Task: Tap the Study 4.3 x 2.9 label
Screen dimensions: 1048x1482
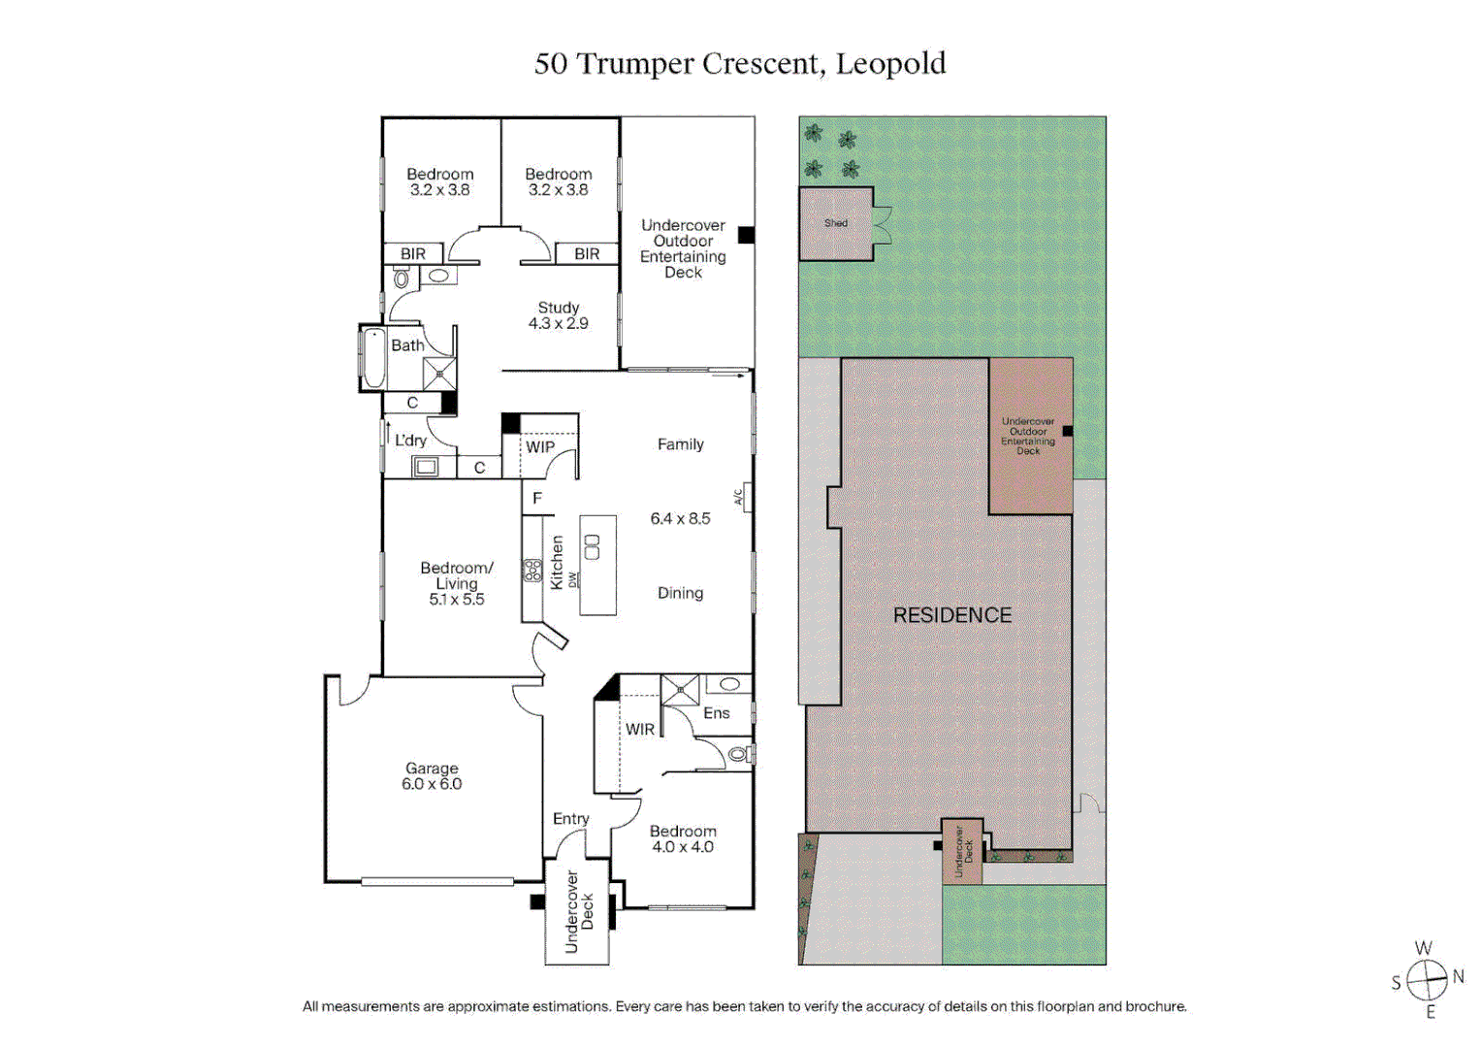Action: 558,315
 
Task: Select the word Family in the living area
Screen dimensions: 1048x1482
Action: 680,444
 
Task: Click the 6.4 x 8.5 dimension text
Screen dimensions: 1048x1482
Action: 680,518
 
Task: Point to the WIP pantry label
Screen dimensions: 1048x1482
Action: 540,447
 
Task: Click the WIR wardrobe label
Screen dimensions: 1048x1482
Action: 639,730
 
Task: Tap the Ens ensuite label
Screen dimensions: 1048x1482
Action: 716,713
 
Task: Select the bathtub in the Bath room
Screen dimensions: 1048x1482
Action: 372,358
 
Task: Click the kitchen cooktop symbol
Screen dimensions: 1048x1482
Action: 532,571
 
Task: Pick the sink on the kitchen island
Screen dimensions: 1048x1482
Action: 592,547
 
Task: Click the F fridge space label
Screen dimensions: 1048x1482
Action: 536,499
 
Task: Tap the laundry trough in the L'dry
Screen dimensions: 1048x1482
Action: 426,468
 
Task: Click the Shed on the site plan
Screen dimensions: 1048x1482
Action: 835,223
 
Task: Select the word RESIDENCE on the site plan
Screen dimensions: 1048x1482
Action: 951,615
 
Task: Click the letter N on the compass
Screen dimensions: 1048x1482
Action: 1458,976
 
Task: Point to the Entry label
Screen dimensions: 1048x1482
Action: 570,819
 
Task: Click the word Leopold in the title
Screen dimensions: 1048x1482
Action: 890,63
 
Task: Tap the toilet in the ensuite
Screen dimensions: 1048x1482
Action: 740,753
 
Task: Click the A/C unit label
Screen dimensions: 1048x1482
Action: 738,497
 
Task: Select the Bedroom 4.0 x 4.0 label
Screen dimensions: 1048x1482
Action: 683,839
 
